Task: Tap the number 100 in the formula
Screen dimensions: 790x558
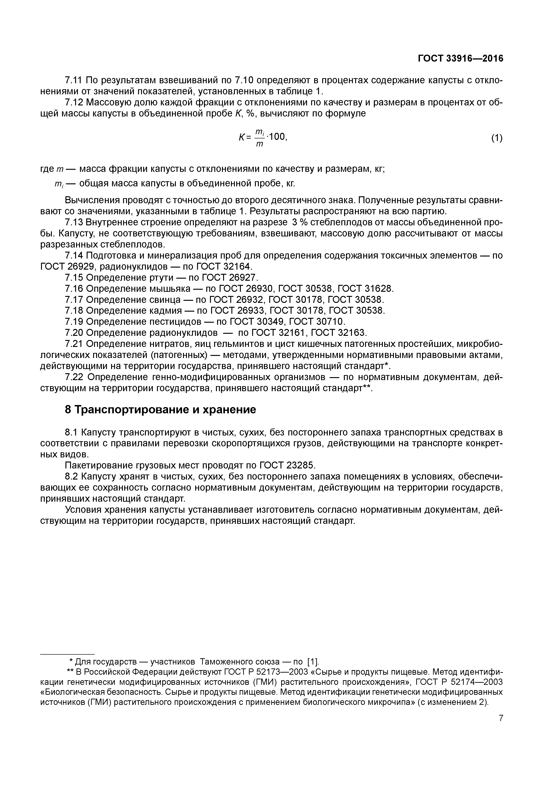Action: click(276, 137)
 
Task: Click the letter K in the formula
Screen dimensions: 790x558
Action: click(241, 138)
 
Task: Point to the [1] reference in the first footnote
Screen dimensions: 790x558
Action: click(313, 662)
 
